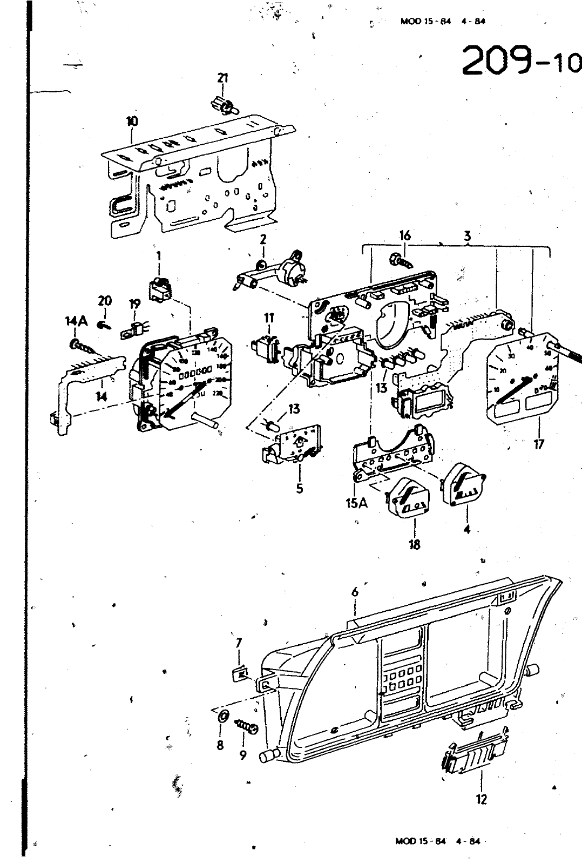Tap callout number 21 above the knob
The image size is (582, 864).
222,78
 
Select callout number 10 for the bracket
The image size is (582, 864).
132,122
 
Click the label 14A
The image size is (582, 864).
76,322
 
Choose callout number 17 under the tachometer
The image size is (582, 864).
538,444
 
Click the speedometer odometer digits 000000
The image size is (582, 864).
195,371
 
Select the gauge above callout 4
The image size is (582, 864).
463,485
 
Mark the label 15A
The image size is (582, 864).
356,503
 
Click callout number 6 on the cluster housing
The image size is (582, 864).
355,592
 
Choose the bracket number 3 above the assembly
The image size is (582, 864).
468,236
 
